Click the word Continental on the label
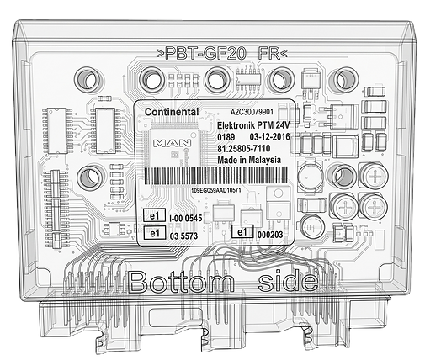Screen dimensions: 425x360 [x=172, y=112]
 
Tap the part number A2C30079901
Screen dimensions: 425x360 [x=252, y=112]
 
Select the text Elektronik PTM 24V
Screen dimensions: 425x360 [x=253, y=125]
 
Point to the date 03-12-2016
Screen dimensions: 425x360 [x=269, y=137]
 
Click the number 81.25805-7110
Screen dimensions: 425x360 [x=244, y=148]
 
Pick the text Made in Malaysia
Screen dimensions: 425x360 [x=249, y=160]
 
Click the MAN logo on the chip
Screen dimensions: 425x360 [x=172, y=143]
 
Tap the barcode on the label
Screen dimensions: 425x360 [x=216, y=176]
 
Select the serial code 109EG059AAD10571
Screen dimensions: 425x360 [x=216, y=190]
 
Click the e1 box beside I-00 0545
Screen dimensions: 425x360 [x=155, y=215]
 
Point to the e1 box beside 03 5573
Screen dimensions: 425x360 [x=155, y=233]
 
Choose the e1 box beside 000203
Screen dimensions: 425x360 [x=242, y=232]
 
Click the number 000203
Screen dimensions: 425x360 [x=270, y=235]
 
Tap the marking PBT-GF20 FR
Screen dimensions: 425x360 [x=222, y=53]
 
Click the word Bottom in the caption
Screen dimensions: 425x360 [x=181, y=282]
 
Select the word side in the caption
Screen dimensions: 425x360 [x=289, y=281]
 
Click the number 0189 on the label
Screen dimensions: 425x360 [x=226, y=137]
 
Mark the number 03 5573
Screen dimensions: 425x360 [x=183, y=236]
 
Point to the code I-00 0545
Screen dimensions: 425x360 [x=186, y=219]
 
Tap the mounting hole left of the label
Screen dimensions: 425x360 [x=90, y=177]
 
